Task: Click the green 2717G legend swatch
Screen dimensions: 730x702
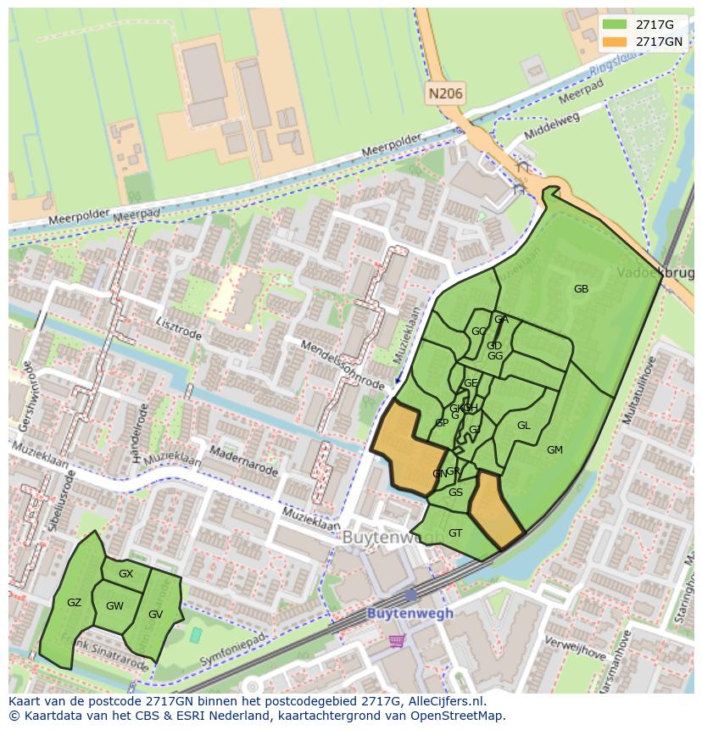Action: tap(616, 25)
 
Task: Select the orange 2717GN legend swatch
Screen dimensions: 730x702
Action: tap(616, 42)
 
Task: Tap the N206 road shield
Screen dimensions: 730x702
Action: tap(445, 94)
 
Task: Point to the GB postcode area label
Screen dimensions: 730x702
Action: tap(581, 289)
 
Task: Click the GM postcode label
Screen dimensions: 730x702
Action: tap(554, 449)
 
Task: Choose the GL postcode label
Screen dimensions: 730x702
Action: tap(523, 426)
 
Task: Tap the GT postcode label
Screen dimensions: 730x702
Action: tap(455, 533)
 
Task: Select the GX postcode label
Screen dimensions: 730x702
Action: tap(125, 574)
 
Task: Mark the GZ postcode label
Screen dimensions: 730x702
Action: tap(74, 603)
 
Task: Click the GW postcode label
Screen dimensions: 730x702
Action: tap(114, 606)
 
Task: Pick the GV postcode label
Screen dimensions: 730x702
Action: tap(155, 615)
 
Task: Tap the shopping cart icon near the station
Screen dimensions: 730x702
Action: tap(396, 641)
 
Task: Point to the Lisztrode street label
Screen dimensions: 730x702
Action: tap(179, 329)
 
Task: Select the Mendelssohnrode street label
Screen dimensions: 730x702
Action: tap(343, 365)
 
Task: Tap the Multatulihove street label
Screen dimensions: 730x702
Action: tap(638, 391)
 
